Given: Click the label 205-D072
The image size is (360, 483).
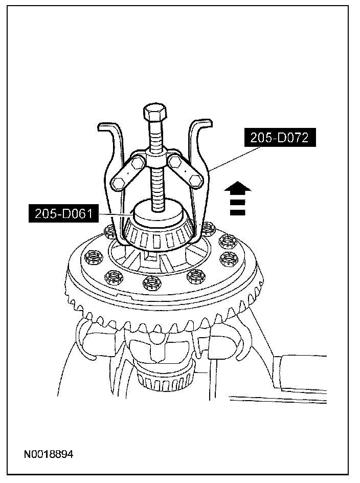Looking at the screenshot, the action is [x=279, y=138].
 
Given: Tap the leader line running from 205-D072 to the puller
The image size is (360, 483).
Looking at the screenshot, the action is [x=230, y=159].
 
